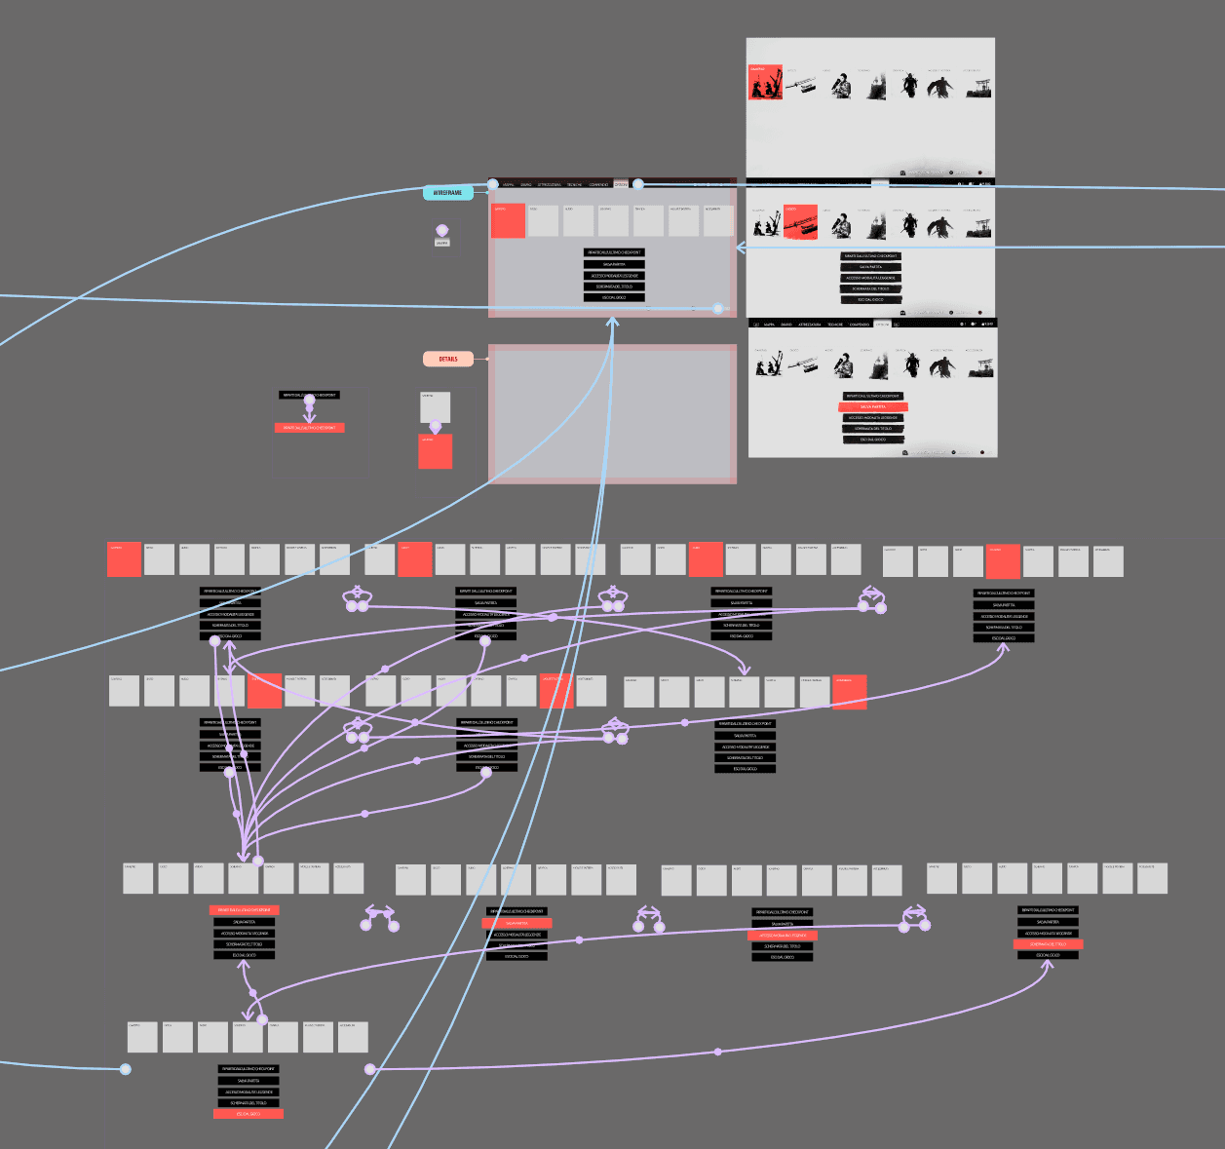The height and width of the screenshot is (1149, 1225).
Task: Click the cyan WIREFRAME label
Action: click(x=447, y=193)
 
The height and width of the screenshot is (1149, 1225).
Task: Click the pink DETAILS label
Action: click(x=447, y=359)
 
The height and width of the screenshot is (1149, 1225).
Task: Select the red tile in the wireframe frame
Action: click(x=508, y=221)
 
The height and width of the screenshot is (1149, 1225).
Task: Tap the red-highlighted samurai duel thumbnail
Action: click(x=765, y=83)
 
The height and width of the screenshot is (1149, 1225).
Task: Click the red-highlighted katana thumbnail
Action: click(x=800, y=222)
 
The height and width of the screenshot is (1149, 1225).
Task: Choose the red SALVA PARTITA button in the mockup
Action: click(x=872, y=406)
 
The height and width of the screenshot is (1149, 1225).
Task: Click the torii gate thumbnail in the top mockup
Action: click(x=977, y=86)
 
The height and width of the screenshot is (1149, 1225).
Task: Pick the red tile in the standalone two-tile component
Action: click(x=435, y=452)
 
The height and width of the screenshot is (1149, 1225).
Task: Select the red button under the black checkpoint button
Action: click(x=309, y=428)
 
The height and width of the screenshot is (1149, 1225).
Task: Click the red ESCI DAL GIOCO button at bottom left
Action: click(x=249, y=1113)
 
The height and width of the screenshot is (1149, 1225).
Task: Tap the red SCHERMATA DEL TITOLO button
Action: click(x=1048, y=943)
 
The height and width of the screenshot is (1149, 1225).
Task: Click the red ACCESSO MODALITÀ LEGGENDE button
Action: click(x=783, y=935)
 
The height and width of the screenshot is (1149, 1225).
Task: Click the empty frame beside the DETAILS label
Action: click(x=612, y=414)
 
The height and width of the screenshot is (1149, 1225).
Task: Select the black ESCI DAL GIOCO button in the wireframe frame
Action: click(x=614, y=297)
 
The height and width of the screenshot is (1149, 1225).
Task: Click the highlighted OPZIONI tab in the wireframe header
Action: click(x=621, y=184)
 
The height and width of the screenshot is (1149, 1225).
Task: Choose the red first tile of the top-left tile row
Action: click(x=124, y=559)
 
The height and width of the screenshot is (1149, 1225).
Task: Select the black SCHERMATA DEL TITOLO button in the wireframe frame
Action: click(x=614, y=287)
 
